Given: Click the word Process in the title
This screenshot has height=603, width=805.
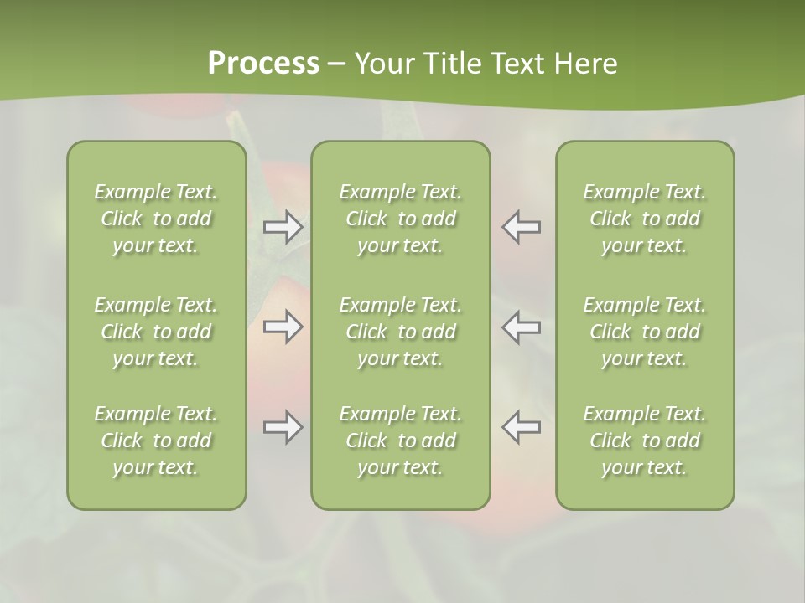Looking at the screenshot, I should click(x=263, y=64).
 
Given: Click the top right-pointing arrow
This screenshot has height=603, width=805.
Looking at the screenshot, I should click(x=283, y=227).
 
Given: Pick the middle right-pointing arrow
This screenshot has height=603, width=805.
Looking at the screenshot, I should click(x=283, y=327).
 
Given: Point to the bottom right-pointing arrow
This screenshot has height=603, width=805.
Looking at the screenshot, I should click(x=283, y=427).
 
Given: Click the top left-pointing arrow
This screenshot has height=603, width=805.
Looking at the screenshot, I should click(x=522, y=227).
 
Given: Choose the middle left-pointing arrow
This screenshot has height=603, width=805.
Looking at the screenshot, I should click(x=522, y=327).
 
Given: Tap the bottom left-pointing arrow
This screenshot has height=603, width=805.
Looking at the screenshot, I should click(x=522, y=427).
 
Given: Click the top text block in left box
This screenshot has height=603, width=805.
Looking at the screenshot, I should click(x=156, y=219).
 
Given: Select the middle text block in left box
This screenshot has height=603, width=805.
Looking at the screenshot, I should click(x=156, y=332).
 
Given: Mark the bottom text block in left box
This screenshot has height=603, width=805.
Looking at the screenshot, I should click(x=156, y=441).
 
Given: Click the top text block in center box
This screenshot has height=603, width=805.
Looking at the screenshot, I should click(x=401, y=219).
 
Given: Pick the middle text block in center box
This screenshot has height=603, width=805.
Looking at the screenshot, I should click(x=401, y=332).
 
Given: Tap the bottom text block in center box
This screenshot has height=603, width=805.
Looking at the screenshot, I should click(x=401, y=441).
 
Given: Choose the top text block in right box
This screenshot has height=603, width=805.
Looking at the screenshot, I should click(x=645, y=219).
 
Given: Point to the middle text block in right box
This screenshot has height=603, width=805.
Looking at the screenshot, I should click(x=645, y=332).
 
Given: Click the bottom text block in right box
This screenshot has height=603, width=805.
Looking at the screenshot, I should click(x=645, y=441).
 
